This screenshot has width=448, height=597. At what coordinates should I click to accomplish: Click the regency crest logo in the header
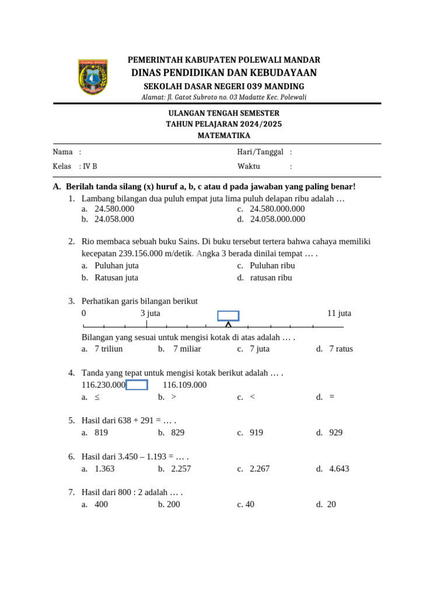tap(93, 77)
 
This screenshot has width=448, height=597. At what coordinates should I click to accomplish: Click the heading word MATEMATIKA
tap(223, 135)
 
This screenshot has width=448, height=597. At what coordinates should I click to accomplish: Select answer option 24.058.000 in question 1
tap(114, 219)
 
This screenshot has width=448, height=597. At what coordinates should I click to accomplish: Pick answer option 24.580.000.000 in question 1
tap(277, 209)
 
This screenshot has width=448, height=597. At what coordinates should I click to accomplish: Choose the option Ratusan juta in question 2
tap(116, 278)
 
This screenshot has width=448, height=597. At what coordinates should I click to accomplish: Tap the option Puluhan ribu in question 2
tap(272, 265)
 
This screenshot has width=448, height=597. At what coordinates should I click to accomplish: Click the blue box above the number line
tap(228, 316)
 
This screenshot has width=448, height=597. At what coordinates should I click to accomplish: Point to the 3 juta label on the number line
tap(150, 313)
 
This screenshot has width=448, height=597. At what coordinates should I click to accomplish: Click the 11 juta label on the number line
tap(339, 313)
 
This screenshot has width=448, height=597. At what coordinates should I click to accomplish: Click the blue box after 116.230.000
tap(136, 385)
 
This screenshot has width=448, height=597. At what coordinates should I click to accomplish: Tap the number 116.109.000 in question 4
tap(185, 385)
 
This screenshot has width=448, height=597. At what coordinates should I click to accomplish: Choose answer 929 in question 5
tap(335, 433)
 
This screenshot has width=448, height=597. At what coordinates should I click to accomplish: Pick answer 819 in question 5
tap(101, 433)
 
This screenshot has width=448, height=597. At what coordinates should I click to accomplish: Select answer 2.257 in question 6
tap(181, 469)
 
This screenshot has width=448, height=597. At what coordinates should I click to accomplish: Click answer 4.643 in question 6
tap(339, 469)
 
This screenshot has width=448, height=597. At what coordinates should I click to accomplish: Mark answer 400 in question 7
tap(101, 504)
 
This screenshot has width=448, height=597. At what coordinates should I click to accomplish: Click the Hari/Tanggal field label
tap(260, 152)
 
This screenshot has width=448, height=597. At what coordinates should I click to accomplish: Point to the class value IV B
tap(90, 166)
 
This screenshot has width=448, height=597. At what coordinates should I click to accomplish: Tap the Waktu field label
tap(249, 166)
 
